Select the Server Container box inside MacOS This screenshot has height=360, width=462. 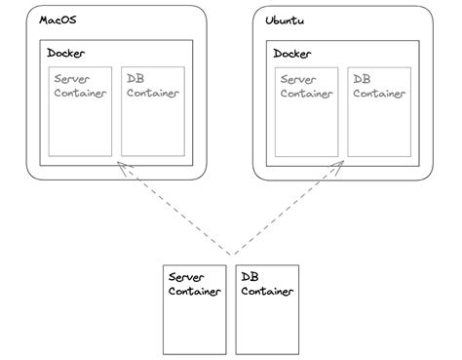[81, 111]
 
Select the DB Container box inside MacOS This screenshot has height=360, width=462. [153, 111]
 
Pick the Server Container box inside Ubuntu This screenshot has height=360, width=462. [307, 111]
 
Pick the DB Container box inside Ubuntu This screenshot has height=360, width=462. [379, 111]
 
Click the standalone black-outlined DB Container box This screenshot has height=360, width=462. [267, 308]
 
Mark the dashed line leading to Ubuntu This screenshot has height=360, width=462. [288, 210]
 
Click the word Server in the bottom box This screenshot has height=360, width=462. [187, 277]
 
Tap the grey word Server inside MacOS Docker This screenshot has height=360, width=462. [72, 78]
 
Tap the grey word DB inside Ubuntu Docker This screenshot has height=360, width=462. [363, 78]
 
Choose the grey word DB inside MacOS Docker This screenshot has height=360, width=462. [135, 78]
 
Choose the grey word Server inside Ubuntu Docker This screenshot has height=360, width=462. [298, 78]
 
